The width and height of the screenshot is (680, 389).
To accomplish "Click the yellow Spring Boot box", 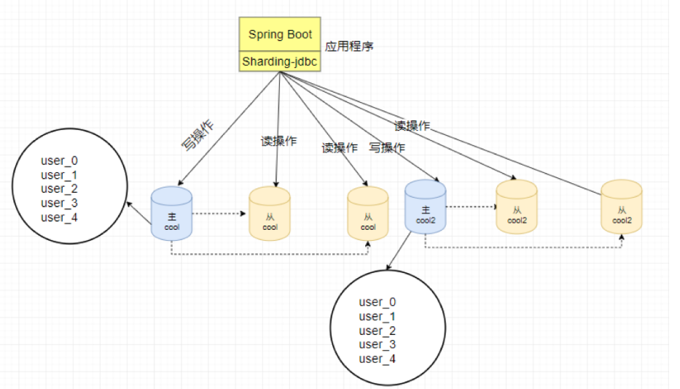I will (x=280, y=34).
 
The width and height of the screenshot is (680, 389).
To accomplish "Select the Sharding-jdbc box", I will (x=280, y=62).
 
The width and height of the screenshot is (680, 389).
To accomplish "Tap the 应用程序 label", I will (x=349, y=46).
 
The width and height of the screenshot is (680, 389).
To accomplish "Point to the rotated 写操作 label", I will (x=198, y=134).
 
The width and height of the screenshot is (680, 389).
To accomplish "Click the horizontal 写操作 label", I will (x=387, y=147).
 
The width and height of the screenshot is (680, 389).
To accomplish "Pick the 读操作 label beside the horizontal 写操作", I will (x=340, y=147).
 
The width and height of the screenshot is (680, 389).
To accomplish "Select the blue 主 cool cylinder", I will (x=171, y=213).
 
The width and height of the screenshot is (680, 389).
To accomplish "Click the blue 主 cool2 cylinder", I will (x=426, y=207).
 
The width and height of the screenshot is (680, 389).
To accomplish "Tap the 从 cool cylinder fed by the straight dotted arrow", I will (x=270, y=213).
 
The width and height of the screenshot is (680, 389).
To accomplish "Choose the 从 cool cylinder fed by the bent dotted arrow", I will (x=368, y=213).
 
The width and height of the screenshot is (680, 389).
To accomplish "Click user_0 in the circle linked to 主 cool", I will (x=60, y=161).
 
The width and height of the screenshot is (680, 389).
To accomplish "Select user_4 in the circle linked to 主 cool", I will (x=60, y=217).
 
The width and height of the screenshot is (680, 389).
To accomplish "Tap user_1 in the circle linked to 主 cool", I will (x=60, y=175).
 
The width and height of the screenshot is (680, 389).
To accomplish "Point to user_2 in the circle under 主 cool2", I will (x=378, y=331).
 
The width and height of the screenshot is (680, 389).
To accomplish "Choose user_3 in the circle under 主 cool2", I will (x=378, y=344).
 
